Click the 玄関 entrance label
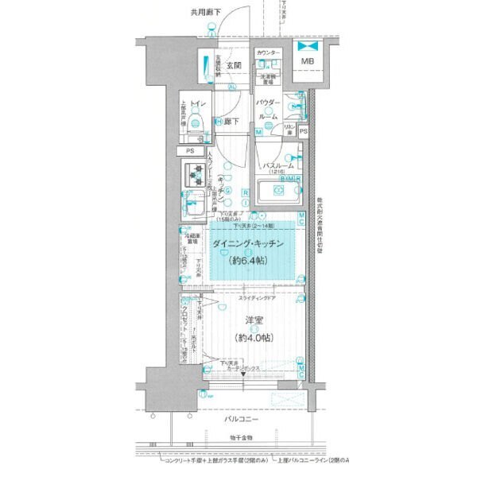point(234,65)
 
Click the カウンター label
point(269,52)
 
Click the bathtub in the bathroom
point(279,192)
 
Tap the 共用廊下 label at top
point(206,13)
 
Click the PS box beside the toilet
point(190,151)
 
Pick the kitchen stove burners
point(196,170)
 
